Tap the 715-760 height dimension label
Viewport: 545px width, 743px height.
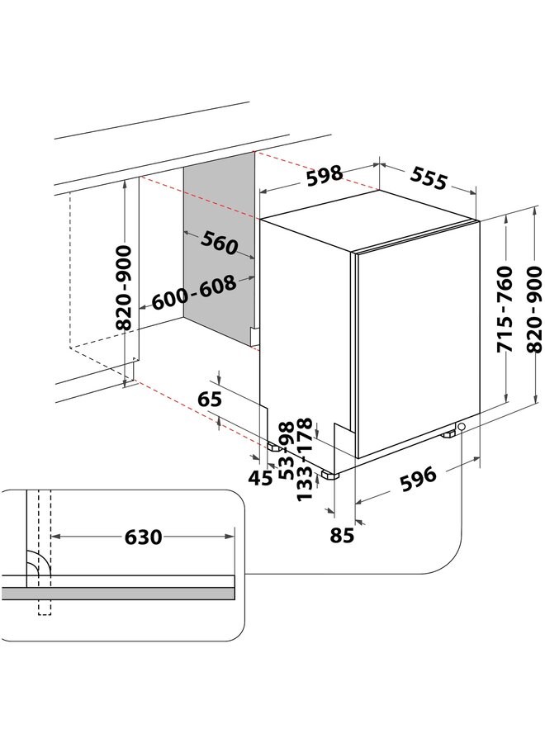pyautogui.click(x=505, y=310)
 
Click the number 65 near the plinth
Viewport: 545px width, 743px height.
pyautogui.click(x=211, y=400)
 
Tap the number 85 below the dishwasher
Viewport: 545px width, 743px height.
pyautogui.click(x=341, y=534)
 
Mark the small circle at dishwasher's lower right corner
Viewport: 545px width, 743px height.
pyautogui.click(x=461, y=427)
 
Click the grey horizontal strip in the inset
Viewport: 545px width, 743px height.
pyautogui.click(x=124, y=593)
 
